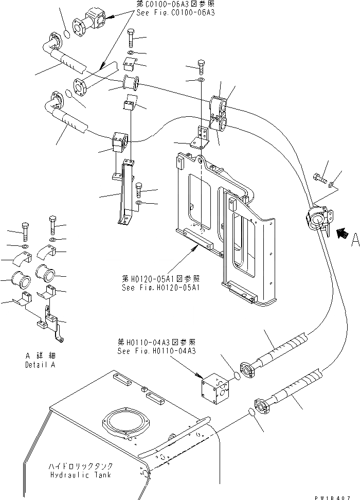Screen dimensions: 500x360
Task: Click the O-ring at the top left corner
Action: [x=66, y=35]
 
